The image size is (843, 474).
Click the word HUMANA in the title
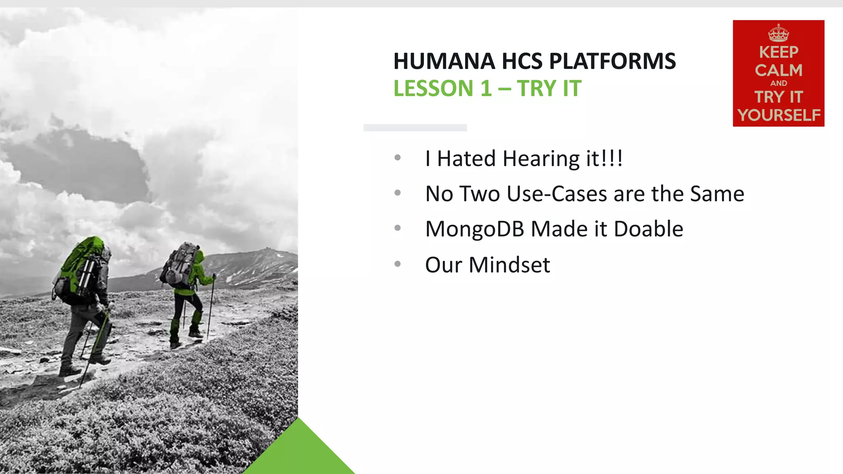point(444,61)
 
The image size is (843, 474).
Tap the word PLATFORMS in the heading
point(612,61)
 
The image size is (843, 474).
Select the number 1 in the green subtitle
point(486,88)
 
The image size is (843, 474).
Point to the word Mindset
point(509,265)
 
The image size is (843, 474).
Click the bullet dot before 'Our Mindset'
point(397,264)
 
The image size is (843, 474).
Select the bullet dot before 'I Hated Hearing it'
point(397,158)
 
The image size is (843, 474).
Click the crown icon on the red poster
point(778,33)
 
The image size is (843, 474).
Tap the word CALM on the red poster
point(778,70)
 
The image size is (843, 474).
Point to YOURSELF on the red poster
point(779,115)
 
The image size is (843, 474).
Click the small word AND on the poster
point(778,83)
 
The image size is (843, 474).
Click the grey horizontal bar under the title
point(415,128)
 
